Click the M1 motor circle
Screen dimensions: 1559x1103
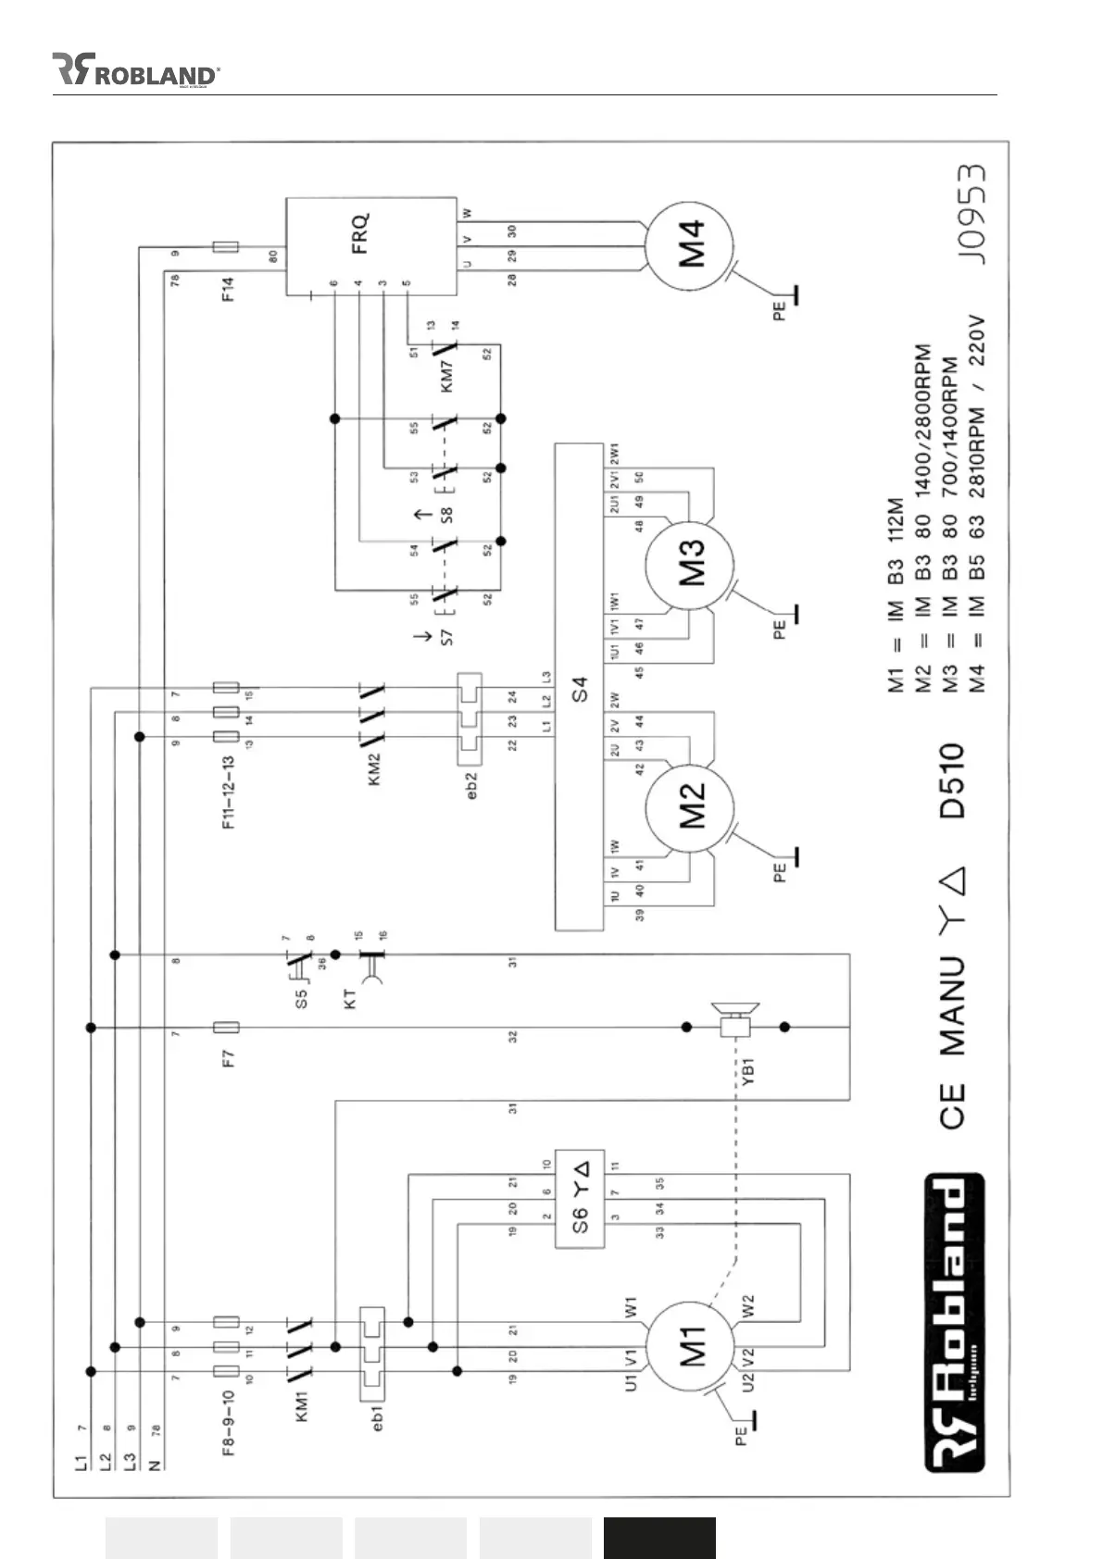click(x=690, y=1346)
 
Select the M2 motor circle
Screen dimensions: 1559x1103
click(x=690, y=803)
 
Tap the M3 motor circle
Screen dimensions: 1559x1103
click(x=690, y=563)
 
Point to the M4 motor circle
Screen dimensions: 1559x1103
click(x=690, y=242)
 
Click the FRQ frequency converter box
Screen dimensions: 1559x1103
click(x=370, y=245)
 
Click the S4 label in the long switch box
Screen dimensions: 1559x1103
click(x=580, y=690)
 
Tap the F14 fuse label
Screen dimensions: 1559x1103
click(x=229, y=289)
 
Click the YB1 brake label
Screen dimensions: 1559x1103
click(x=749, y=1070)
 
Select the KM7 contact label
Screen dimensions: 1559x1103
click(x=447, y=375)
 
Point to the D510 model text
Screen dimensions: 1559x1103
click(x=952, y=780)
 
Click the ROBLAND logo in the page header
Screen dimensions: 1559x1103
click(x=136, y=70)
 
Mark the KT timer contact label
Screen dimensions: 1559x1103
click(x=350, y=998)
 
